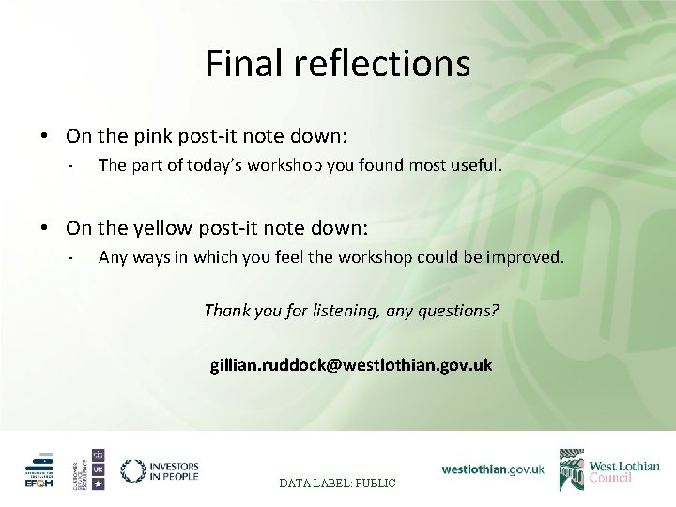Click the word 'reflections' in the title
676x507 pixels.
[x=382, y=64]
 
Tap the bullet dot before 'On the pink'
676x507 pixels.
[x=45, y=137]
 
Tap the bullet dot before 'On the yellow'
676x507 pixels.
[x=45, y=228]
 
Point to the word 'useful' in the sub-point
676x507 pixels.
[x=474, y=166]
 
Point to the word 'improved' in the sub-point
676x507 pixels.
[x=529, y=257]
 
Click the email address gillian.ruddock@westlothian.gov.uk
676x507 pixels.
[x=350, y=364]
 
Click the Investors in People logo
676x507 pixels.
[x=160, y=470]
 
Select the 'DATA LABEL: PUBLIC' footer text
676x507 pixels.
[x=337, y=483]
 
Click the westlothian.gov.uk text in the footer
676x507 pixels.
[x=493, y=469]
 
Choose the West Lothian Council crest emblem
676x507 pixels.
[x=571, y=469]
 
